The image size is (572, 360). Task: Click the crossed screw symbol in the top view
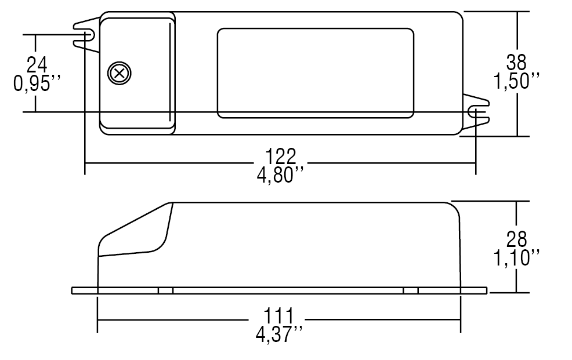pos(120,73)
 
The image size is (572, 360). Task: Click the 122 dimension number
pos(280,157)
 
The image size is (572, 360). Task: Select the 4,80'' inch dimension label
pos(280,175)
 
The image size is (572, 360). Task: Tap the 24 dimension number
pos(37,65)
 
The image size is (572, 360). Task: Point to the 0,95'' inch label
pos(37,83)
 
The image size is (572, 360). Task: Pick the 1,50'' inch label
pos(516,81)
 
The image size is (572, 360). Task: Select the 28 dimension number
pos(516,239)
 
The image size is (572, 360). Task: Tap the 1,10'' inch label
pos(516,257)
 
